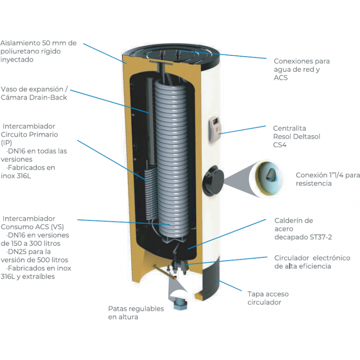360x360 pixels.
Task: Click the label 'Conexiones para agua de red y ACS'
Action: click(301, 69)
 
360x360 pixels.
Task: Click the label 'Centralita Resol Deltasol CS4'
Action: click(297, 136)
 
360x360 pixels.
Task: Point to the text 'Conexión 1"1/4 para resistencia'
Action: click(328, 179)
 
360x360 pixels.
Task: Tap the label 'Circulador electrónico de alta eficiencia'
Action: click(312, 262)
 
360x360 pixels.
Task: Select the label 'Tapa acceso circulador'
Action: click(268, 298)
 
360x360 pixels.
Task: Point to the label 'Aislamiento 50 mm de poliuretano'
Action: click(38, 51)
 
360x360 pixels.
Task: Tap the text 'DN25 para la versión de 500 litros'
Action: click(35, 256)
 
